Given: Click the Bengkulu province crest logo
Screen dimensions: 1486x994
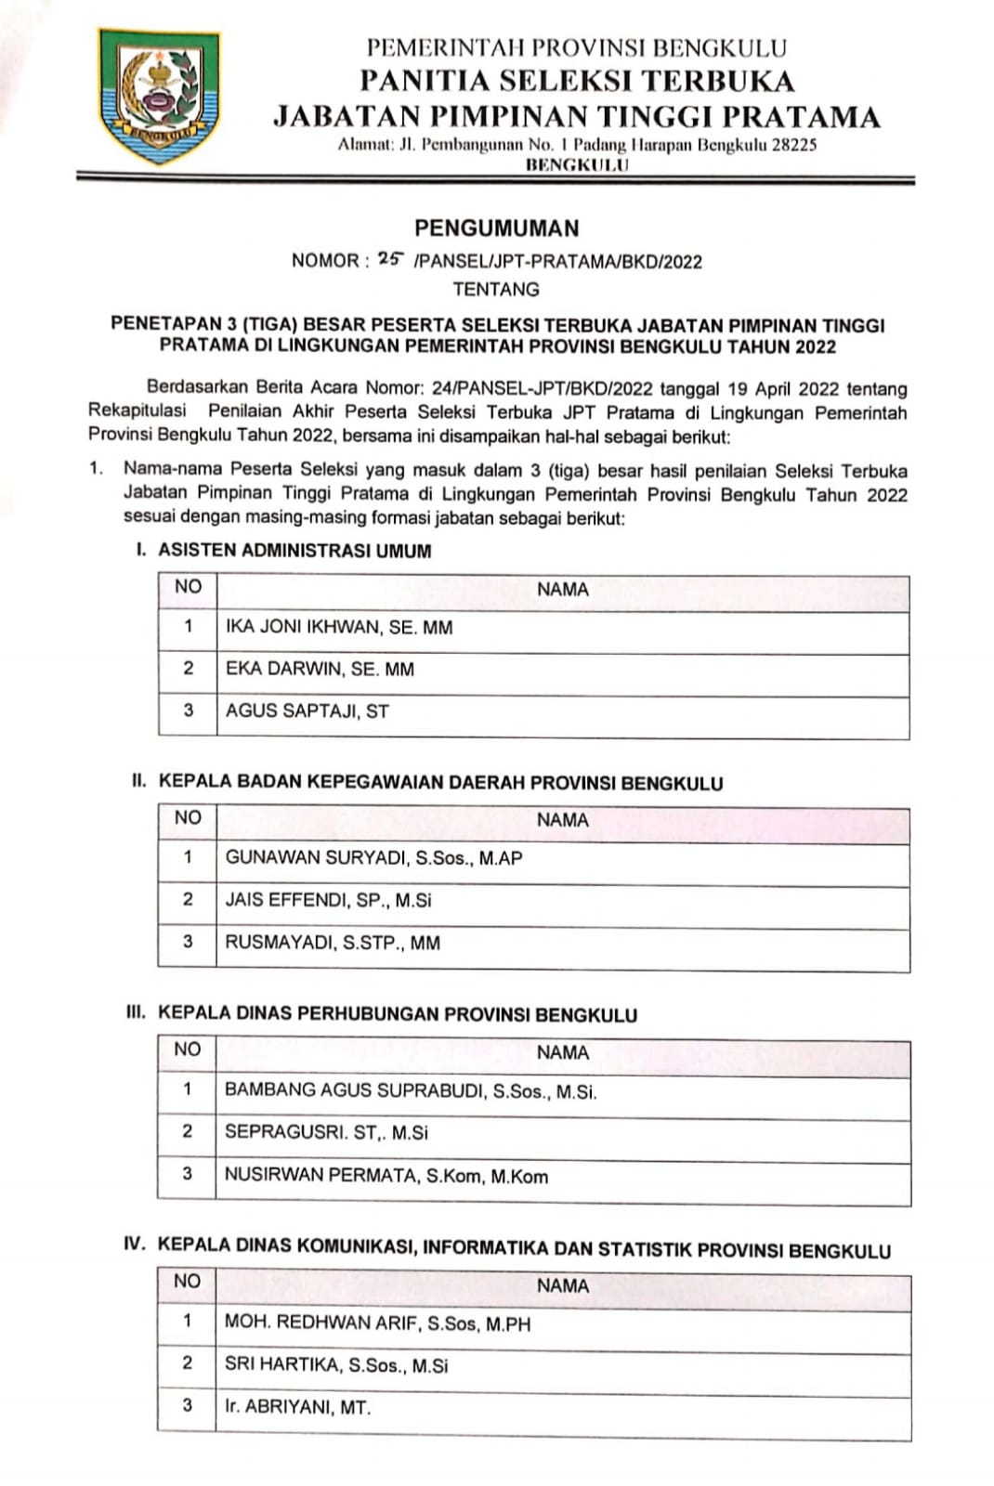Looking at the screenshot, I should tap(160, 95).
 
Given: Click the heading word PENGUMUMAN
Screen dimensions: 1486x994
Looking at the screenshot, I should tap(496, 228).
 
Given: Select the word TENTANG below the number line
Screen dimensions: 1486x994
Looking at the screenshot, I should tap(496, 290).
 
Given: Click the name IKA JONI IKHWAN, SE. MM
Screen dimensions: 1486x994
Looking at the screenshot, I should tap(339, 628).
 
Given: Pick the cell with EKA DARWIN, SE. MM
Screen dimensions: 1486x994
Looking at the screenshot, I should tap(320, 669).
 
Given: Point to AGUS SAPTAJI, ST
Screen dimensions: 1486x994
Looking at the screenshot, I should tap(307, 711).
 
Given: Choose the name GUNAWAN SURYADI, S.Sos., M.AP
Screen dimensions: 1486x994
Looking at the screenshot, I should tap(373, 858).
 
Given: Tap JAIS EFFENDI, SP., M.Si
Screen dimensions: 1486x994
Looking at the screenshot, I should tap(328, 900).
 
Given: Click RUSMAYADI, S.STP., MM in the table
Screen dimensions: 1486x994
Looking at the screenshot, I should tap(333, 943).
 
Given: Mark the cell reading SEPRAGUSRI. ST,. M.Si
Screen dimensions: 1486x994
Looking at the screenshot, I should tap(326, 1133).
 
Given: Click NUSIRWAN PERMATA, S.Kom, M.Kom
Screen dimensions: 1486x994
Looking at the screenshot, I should tap(386, 1176).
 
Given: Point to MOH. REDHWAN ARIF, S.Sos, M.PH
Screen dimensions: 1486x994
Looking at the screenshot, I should tap(377, 1323).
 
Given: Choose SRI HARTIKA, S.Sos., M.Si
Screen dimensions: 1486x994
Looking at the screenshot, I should tap(335, 1365).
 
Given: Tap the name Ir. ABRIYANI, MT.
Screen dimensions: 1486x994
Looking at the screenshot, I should tap(297, 1407).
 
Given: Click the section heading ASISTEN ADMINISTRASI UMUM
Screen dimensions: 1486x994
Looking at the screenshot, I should tap(294, 551).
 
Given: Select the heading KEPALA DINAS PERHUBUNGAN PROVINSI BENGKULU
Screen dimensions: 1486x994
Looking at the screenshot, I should tap(398, 1014).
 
